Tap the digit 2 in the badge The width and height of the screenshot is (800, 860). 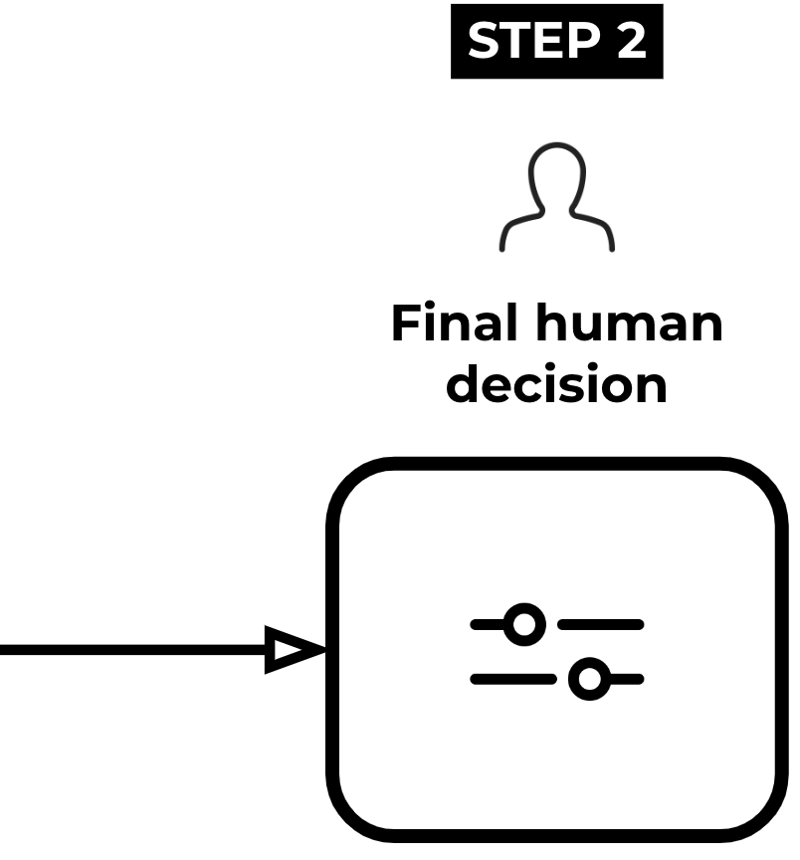pos(630,42)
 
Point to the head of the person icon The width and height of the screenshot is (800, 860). pos(556,177)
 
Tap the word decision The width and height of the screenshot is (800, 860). pos(556,384)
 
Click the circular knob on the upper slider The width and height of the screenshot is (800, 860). pos(524,625)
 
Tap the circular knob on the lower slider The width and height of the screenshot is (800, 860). pos(590,680)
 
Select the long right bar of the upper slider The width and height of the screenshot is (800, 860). pos(601,625)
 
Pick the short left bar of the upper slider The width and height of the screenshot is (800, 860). pos(487,625)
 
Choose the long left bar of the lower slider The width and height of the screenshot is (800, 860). pos(512,680)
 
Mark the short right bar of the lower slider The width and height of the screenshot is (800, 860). pos(628,680)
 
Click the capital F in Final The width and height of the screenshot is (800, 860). pos(404,324)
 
